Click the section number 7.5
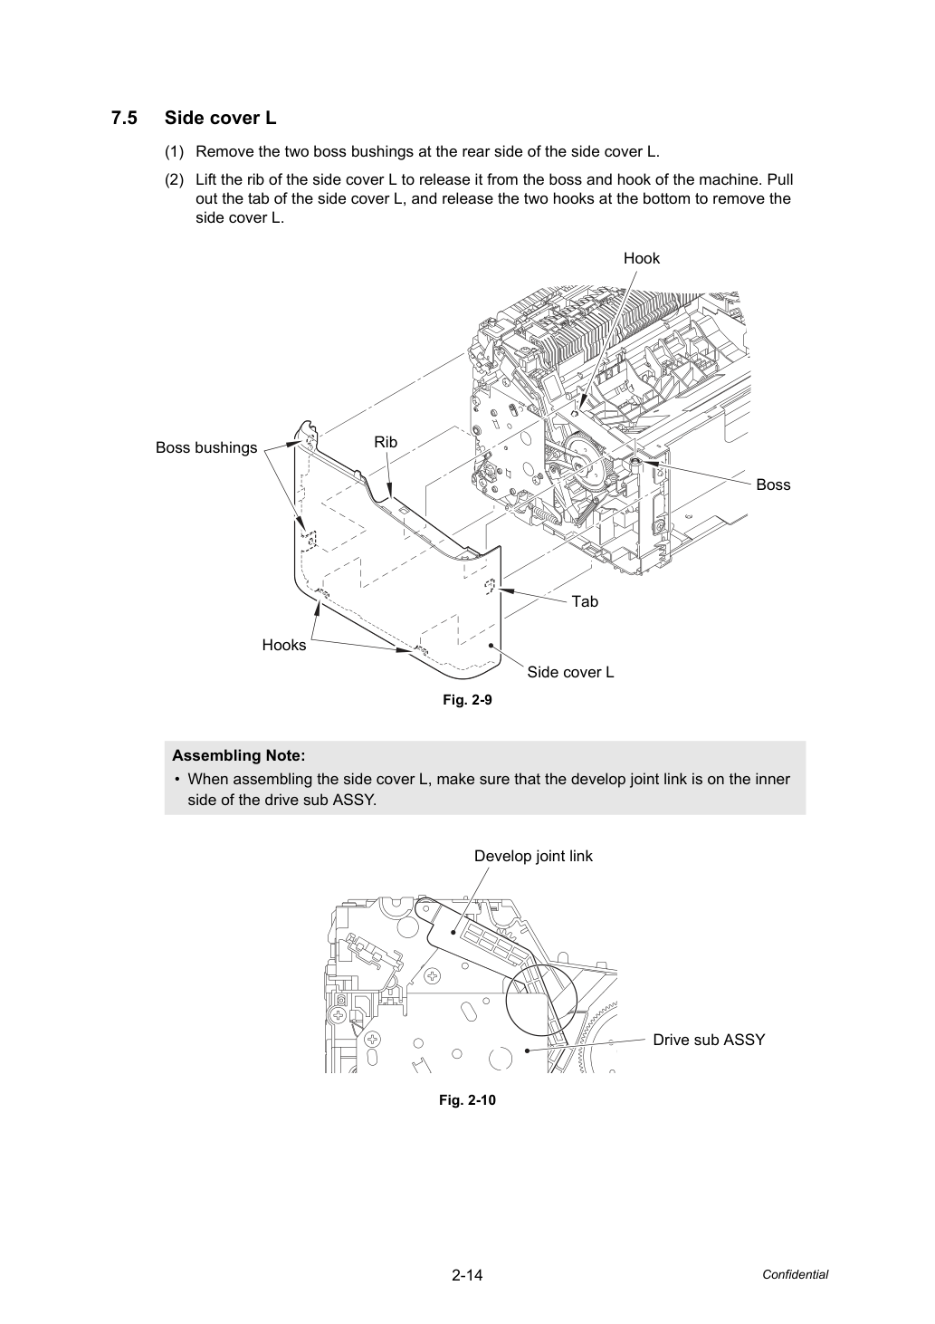(x=124, y=119)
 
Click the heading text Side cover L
(x=220, y=119)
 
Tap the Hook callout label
(x=642, y=258)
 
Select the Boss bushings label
(x=206, y=448)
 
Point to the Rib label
(x=386, y=442)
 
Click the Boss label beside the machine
(x=773, y=485)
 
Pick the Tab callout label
(x=585, y=601)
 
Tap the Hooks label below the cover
(x=284, y=645)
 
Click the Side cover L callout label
(x=570, y=672)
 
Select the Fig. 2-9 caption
(x=467, y=700)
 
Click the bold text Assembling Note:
(x=239, y=756)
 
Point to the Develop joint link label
(x=533, y=857)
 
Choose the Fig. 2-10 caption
(x=467, y=1100)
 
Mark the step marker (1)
(x=175, y=152)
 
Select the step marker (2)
(x=175, y=179)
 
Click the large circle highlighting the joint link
(x=507, y=1000)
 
